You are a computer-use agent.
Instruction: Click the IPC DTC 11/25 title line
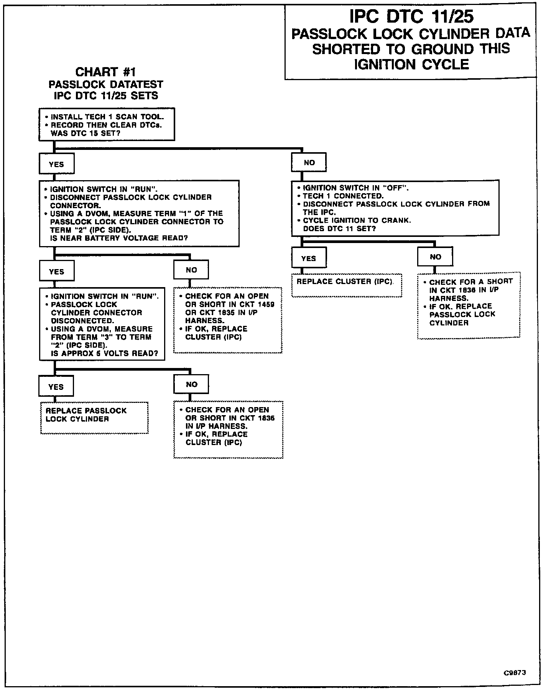tap(411, 16)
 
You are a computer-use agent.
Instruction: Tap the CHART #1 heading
tap(105, 72)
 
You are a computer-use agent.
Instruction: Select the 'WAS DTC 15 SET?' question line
tap(86, 133)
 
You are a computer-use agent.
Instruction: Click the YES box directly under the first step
tap(56, 164)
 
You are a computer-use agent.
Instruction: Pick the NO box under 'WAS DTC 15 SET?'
tap(309, 163)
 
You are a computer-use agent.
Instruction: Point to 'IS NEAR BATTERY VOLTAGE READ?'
tap(119, 238)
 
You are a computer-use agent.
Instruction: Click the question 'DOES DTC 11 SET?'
tap(339, 228)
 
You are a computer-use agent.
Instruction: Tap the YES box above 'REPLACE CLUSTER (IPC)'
tap(309, 258)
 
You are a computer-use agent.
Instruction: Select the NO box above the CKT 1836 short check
tap(435, 257)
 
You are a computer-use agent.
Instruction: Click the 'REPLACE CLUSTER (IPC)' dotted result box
tap(346, 285)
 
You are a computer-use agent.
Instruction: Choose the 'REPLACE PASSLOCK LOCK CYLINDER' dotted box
tap(94, 417)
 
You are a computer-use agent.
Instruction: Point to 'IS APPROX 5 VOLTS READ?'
tap(104, 353)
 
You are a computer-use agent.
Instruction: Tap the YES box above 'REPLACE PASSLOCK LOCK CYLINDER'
tap(56, 386)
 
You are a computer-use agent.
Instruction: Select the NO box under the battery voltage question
tap(191, 270)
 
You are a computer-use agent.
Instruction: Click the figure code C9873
tap(515, 673)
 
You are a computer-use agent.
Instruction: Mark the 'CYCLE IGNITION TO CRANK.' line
tap(357, 220)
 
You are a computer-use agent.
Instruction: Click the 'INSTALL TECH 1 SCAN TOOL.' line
tap(107, 117)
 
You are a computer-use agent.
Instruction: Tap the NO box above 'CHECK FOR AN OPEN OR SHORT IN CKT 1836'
tap(191, 384)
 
